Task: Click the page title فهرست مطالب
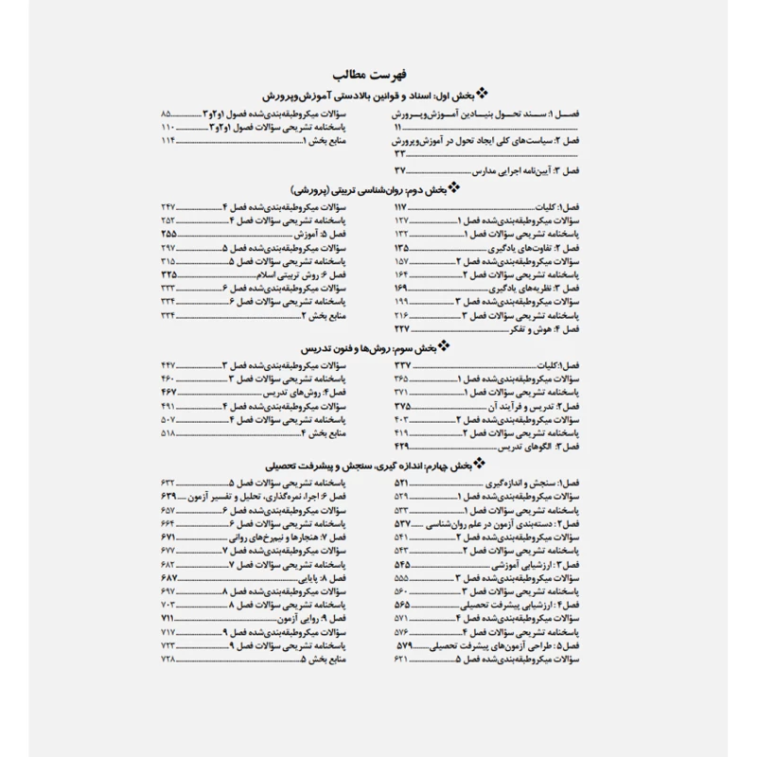pyautogui.click(x=378, y=75)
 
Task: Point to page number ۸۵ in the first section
pyautogui.click(x=170, y=114)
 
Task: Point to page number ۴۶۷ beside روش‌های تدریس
pyautogui.click(x=169, y=392)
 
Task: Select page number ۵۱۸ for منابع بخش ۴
pyautogui.click(x=169, y=432)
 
